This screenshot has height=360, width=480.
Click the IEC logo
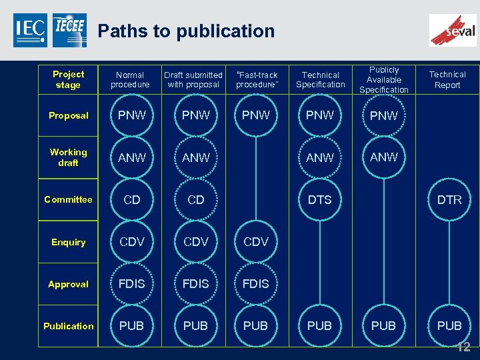[30, 30]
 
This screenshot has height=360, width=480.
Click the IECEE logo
[69, 30]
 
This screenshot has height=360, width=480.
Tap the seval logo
[453, 30]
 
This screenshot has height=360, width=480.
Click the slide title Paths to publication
[186, 31]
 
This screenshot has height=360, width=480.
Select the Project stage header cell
[68, 79]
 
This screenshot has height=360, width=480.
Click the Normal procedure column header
[130, 80]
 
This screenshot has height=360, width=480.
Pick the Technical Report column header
[447, 80]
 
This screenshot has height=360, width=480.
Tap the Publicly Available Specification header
[384, 80]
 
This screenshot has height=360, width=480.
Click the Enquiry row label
[68, 242]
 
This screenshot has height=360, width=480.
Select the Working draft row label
[68, 157]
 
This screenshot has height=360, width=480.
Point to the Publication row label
[68, 326]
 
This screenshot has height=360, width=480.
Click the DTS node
[320, 199]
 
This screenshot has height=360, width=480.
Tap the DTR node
[449, 199]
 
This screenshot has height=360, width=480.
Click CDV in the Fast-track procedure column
[256, 242]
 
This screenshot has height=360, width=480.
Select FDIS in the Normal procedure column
[132, 284]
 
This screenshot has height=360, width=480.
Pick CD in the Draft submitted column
[196, 199]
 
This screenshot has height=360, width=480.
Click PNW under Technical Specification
[320, 115]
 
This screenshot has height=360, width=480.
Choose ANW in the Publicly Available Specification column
[384, 157]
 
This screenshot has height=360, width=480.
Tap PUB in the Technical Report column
[449, 326]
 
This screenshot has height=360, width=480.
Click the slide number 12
[463, 347]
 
